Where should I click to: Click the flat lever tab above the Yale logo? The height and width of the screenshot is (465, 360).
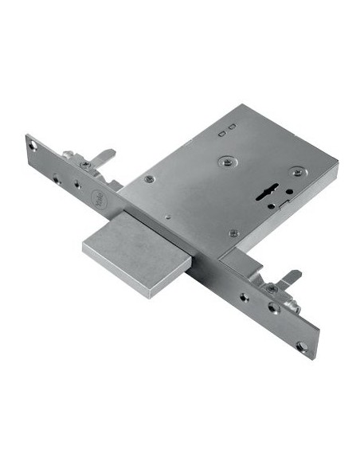tap(102, 155)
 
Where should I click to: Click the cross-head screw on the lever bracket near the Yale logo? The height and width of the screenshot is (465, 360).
tap(84, 165)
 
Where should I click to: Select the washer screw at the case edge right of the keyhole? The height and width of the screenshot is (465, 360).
tap(297, 172)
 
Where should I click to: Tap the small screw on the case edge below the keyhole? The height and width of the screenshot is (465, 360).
tap(233, 233)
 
